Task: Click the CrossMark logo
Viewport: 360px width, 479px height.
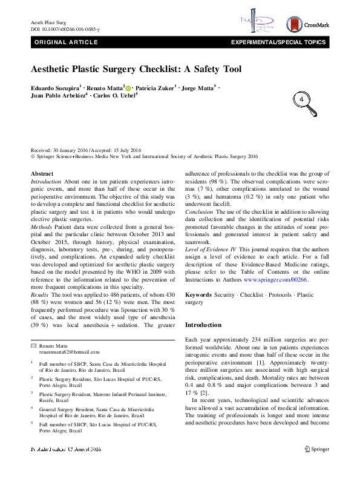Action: click(308, 24)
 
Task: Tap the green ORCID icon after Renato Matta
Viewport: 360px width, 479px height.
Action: click(128, 88)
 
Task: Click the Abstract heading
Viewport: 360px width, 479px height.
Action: click(42, 174)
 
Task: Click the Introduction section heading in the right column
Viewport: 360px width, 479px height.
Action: click(203, 325)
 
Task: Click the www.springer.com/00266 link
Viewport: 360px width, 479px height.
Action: click(276, 280)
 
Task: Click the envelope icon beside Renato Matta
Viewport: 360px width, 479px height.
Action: click(33, 345)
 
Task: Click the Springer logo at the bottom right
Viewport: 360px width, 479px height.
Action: click(317, 466)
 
